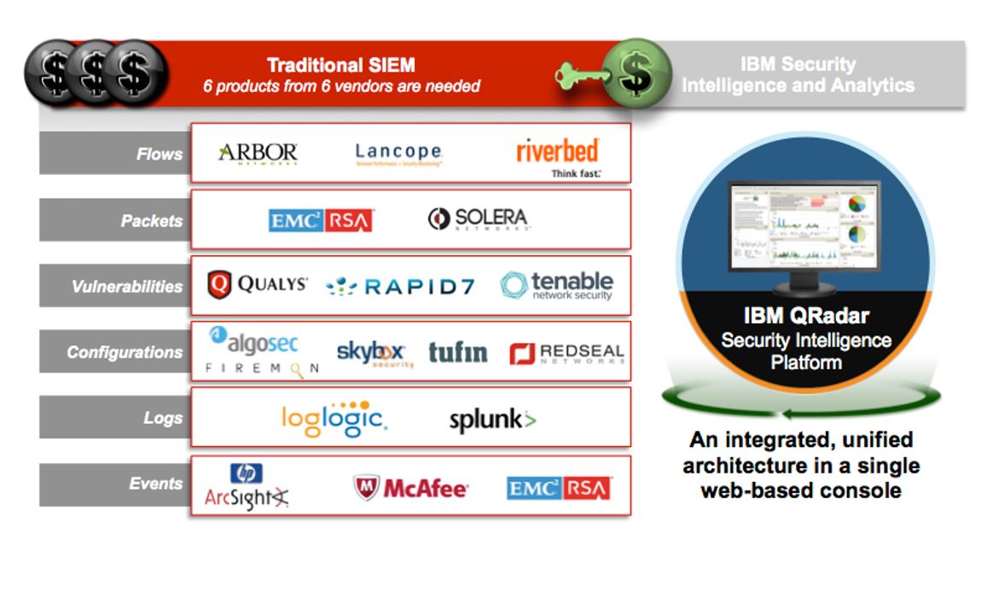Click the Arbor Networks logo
tap(258, 154)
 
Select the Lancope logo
tap(398, 154)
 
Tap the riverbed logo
tap(558, 154)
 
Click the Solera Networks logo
tap(478, 219)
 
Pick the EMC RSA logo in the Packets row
tap(321, 220)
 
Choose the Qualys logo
tap(258, 285)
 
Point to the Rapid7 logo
tap(400, 287)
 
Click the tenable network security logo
tap(557, 285)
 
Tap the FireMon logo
tap(262, 369)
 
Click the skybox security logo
tap(374, 353)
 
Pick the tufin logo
tap(457, 352)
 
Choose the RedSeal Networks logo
tap(566, 353)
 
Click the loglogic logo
tap(334, 418)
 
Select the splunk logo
tap(492, 420)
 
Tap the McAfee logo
tap(411, 488)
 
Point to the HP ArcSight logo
tap(247, 489)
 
